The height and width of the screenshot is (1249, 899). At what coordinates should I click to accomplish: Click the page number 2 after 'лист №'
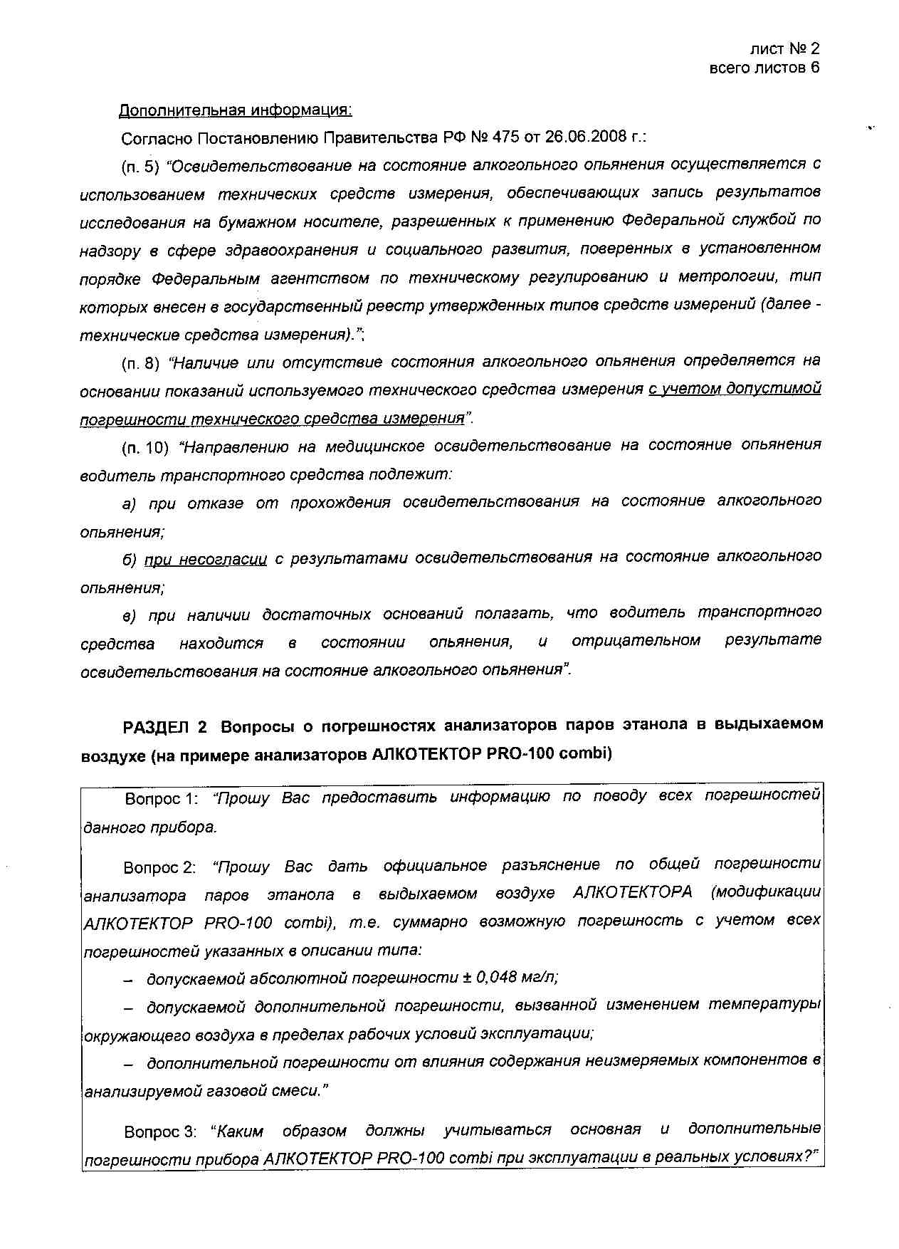814,48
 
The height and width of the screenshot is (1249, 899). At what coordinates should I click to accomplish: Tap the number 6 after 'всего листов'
814,68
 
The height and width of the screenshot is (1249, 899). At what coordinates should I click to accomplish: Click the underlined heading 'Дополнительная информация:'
235,110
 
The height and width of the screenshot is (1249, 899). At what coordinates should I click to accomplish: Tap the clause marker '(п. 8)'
140,363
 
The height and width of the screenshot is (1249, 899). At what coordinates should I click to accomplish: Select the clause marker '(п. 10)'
145,448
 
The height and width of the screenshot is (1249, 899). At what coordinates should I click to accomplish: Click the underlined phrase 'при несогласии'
206,560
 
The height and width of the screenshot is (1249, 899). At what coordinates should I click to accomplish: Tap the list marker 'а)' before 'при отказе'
129,504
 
